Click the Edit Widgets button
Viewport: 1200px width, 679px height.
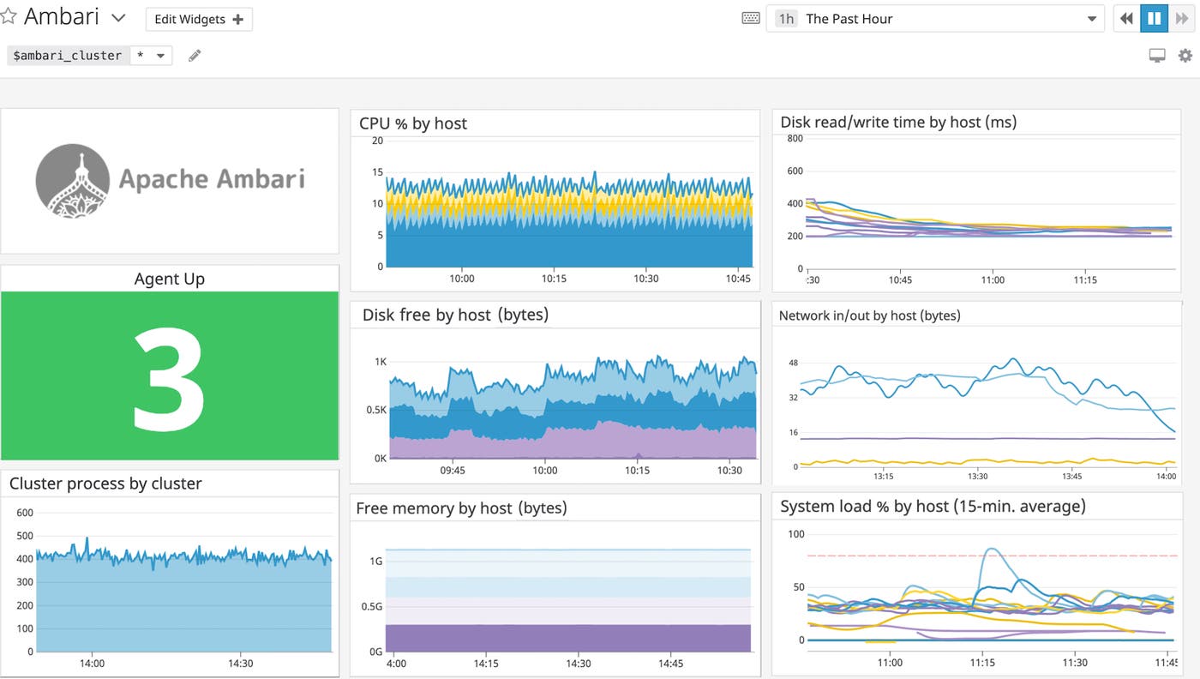[x=199, y=19]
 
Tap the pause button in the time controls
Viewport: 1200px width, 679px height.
[x=1154, y=18]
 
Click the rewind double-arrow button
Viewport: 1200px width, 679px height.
[x=1127, y=18]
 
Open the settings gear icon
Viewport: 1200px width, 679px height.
[x=1185, y=56]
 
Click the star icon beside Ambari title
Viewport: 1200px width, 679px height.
[x=9, y=16]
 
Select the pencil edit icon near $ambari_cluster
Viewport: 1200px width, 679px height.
[x=195, y=56]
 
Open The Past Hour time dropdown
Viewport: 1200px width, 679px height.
[x=934, y=19]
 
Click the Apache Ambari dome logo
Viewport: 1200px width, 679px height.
[x=72, y=180]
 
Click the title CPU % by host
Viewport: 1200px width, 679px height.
[x=413, y=123]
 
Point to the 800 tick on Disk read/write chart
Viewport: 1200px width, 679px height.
[x=795, y=139]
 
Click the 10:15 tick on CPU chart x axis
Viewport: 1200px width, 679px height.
[x=554, y=279]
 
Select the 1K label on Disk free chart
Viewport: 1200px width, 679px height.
[x=381, y=362]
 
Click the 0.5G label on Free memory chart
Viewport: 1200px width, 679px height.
[x=371, y=606]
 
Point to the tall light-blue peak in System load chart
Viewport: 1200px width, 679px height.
[x=991, y=550]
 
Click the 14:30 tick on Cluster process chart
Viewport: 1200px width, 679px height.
[x=241, y=663]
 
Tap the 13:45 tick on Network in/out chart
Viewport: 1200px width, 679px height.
[x=1071, y=476]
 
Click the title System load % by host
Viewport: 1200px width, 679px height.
[x=933, y=507]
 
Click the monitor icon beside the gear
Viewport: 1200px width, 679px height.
[x=1157, y=56]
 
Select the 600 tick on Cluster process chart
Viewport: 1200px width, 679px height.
[x=25, y=513]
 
